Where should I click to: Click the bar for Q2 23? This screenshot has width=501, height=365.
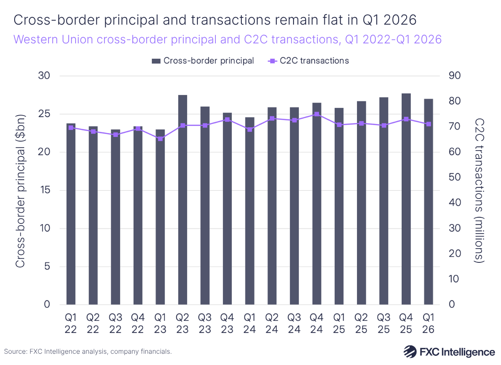click(x=182, y=200)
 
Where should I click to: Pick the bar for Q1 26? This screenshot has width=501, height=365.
click(x=428, y=202)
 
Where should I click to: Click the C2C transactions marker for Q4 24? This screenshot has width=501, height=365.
click(x=316, y=114)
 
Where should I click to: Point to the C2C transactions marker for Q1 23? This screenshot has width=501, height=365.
click(x=160, y=138)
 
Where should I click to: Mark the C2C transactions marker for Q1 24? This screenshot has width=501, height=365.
click(x=250, y=129)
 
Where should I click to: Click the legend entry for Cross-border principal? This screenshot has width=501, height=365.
click(x=203, y=60)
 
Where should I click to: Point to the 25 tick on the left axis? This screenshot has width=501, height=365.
click(x=44, y=114)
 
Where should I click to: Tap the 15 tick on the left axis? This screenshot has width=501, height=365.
click(x=44, y=191)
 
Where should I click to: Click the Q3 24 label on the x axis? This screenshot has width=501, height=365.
click(x=294, y=324)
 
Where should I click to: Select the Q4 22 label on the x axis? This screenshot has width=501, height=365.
click(x=138, y=324)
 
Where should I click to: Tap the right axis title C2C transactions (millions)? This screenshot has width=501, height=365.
click(x=480, y=190)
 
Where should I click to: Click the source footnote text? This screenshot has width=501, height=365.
click(x=88, y=352)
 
